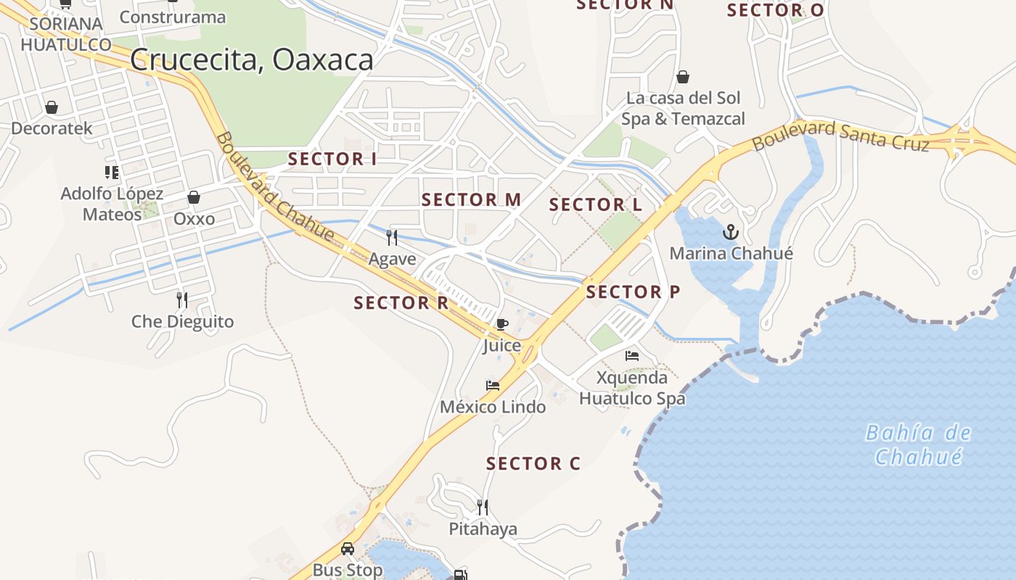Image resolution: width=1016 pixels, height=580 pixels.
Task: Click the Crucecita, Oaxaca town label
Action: click(252, 60)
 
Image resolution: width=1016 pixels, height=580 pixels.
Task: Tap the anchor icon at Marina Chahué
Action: click(731, 232)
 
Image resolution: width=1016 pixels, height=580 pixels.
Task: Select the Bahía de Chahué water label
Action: click(918, 445)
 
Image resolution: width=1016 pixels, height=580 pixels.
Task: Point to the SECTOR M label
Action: click(472, 200)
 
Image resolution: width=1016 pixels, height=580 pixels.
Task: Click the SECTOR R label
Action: click(401, 303)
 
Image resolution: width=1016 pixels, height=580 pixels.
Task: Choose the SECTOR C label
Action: click(533, 464)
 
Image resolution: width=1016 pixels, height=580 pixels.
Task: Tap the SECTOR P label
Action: click(633, 292)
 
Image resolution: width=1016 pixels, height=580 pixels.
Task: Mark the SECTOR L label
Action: click(595, 205)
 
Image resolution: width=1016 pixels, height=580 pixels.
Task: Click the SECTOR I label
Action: click(332, 159)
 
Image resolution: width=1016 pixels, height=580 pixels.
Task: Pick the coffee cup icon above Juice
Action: click(501, 324)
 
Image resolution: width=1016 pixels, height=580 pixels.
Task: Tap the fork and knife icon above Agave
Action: click(392, 237)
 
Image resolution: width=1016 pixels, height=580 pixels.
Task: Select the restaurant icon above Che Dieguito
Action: click(182, 299)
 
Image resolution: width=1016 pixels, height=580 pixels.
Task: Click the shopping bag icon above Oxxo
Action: click(194, 197)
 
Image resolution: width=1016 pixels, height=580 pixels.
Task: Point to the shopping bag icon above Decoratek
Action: click(52, 108)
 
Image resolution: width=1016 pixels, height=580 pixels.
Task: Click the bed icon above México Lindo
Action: click(493, 386)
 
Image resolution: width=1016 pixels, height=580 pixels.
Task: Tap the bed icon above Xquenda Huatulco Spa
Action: click(632, 356)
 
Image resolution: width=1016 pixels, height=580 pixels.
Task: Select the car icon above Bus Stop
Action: click(348, 549)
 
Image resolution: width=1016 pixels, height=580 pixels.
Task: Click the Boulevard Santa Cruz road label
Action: click(840, 136)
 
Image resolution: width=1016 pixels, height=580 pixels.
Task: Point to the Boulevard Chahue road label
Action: click(274, 186)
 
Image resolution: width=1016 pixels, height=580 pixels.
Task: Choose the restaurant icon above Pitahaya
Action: click(483, 507)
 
